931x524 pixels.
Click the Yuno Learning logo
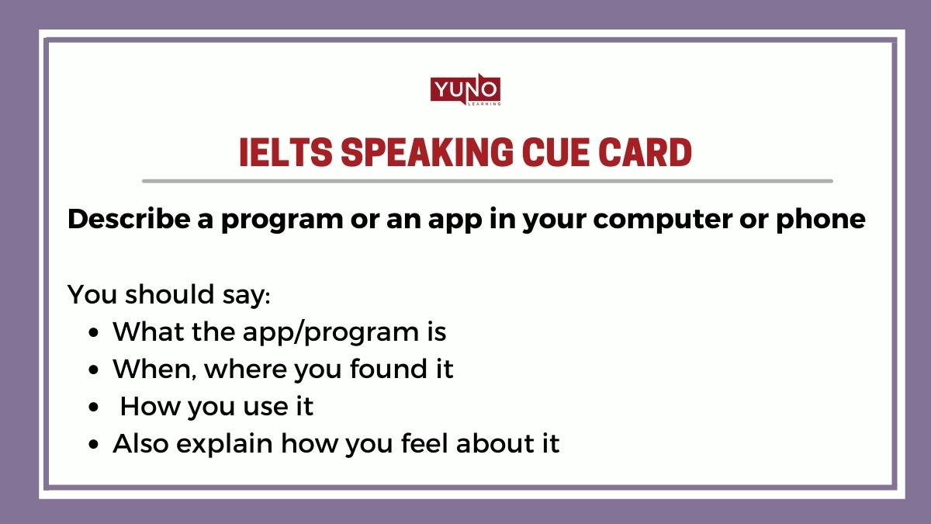465,92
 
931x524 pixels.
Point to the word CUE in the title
558,154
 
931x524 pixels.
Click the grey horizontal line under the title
487,181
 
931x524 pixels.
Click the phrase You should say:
168,295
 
